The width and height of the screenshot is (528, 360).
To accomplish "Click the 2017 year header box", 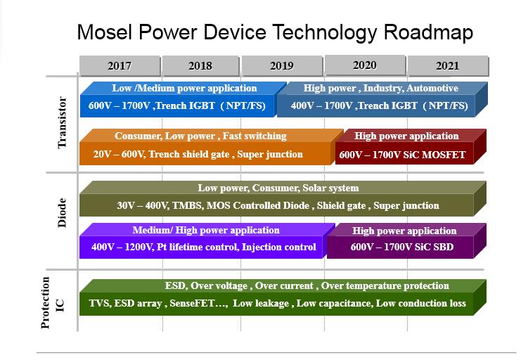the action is [120, 66].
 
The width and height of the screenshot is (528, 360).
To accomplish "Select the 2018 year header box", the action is [200, 66].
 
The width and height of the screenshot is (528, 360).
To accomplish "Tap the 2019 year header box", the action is [282, 66].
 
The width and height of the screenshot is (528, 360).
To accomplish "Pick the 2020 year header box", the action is [365, 65].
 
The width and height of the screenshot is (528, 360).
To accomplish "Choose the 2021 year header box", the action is [448, 66].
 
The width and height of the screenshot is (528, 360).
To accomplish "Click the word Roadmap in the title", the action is [428, 32].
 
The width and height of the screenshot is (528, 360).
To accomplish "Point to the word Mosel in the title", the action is [105, 32].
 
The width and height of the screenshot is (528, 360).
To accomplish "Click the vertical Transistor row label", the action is [62, 122].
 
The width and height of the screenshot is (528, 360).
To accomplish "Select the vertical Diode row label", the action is [62, 213].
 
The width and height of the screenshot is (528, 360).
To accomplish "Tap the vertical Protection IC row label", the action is [53, 302].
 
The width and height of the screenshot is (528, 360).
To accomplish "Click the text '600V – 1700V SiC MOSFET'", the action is [402, 155].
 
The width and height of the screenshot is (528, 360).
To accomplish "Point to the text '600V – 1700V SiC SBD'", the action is [402, 247].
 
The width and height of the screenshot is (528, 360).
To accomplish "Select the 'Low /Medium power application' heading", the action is [184, 88].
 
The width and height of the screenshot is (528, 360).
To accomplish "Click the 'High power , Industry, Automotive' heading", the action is [381, 88].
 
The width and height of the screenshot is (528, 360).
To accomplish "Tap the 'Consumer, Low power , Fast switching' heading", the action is [200, 136].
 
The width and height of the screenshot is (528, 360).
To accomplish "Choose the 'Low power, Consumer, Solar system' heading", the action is [278, 188].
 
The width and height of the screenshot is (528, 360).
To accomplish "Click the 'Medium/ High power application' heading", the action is [206, 231].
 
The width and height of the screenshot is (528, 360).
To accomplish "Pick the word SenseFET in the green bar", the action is [192, 304].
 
